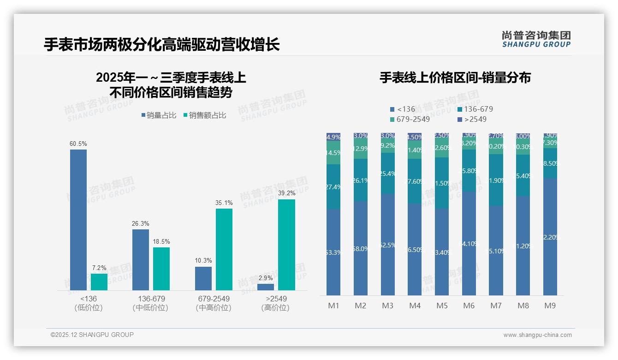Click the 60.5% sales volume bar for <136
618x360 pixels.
click(x=78, y=220)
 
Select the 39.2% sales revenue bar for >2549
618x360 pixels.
click(x=286, y=245)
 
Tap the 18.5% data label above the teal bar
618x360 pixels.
click(x=161, y=241)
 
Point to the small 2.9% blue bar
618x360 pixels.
click(x=266, y=287)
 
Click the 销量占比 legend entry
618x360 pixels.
click(x=159, y=115)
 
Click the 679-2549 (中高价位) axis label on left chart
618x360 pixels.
click(x=213, y=303)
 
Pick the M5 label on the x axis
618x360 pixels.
click(x=442, y=306)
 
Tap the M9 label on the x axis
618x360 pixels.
click(x=550, y=306)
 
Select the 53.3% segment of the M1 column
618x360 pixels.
click(x=333, y=252)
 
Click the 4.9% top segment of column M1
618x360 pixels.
click(x=333, y=137)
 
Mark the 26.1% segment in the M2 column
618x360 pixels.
click(x=361, y=180)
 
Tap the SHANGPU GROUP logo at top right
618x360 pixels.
click(x=536, y=39)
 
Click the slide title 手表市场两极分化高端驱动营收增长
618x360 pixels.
click(x=162, y=45)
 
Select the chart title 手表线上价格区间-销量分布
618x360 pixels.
click(x=455, y=78)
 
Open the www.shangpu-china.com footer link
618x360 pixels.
click(x=537, y=335)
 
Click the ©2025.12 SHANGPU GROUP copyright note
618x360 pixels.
click(x=92, y=335)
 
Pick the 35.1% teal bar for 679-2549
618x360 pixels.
click(x=224, y=249)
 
